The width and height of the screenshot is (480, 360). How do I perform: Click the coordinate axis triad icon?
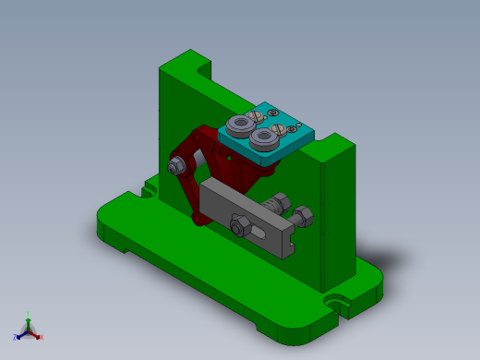point(28,329)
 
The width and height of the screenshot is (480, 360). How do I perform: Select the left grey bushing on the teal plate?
point(242,125)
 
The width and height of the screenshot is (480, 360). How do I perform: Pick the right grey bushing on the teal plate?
point(265,138)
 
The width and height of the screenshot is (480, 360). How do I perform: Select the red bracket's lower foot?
point(201,219)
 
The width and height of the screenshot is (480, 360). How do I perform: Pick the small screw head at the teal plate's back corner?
point(299,125)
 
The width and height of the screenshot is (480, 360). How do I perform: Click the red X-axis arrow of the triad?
point(40,337)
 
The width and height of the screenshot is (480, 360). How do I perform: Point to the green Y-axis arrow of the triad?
point(29,317)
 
